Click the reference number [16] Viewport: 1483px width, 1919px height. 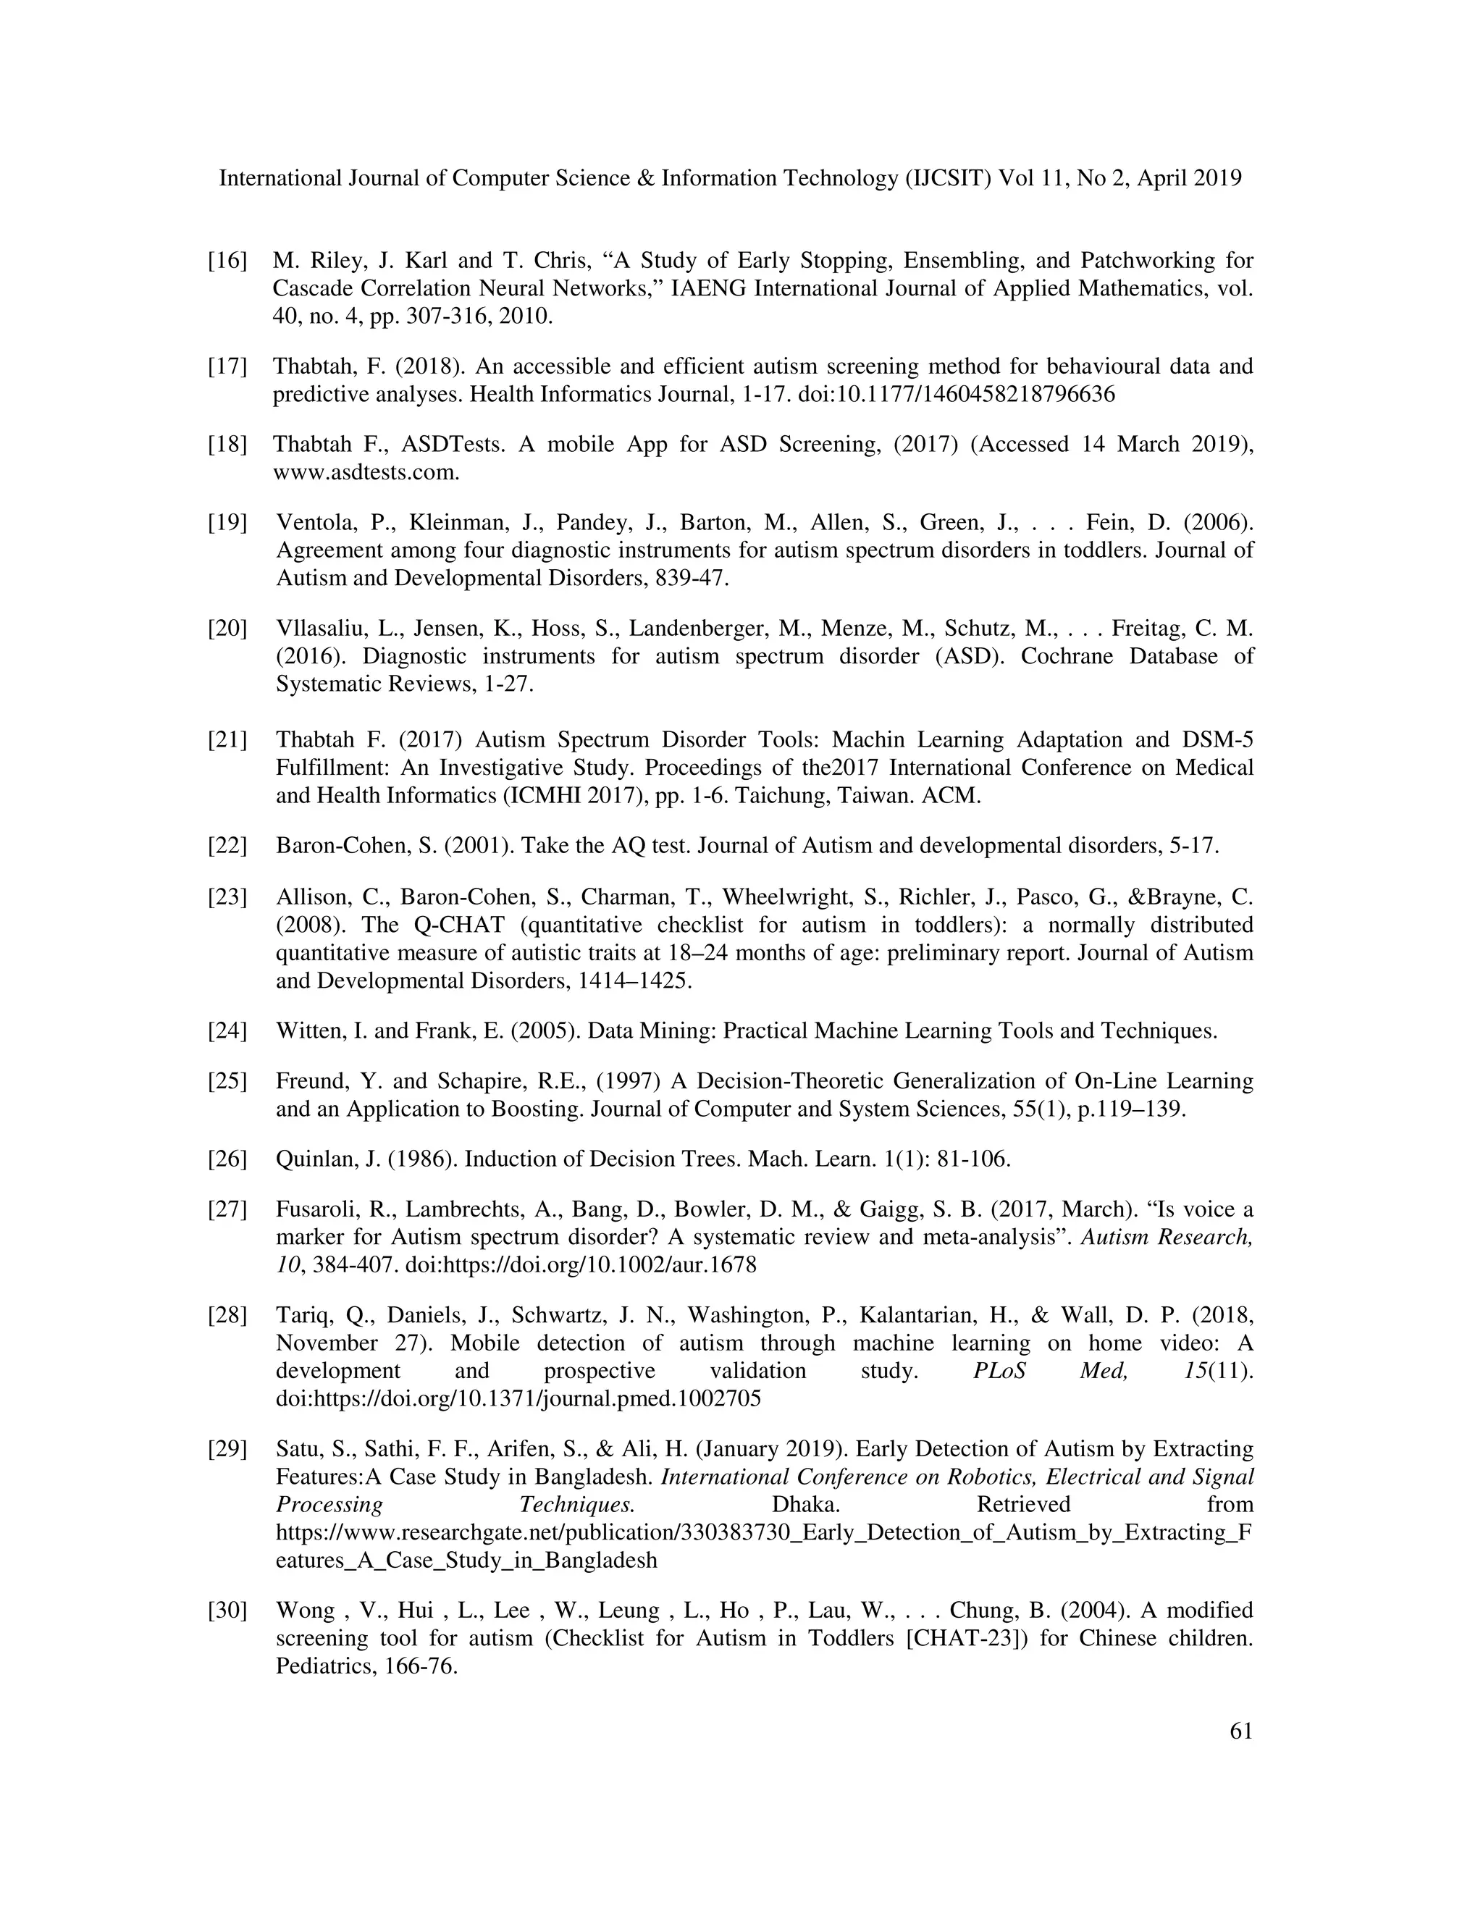pyautogui.click(x=227, y=261)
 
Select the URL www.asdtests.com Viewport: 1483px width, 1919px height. pyautogui.click(x=366, y=473)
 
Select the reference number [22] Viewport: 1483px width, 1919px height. pyautogui.click(x=227, y=846)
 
